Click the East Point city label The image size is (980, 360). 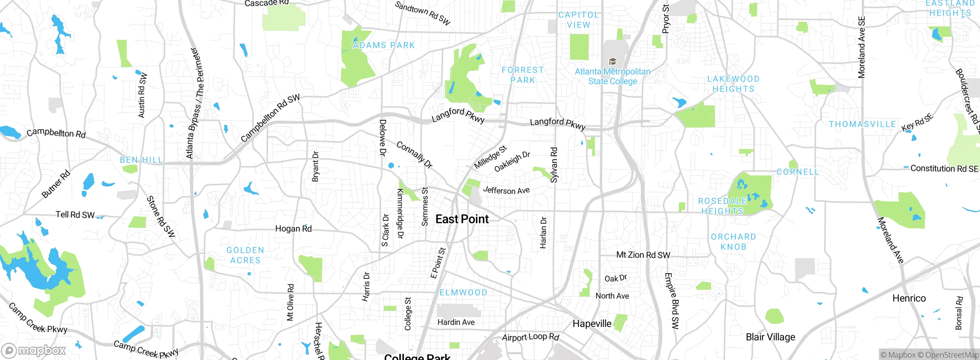coord(462,219)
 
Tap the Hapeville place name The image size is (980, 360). coord(592,324)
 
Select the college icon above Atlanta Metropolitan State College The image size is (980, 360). coord(612,62)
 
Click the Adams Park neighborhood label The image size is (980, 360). coord(384,45)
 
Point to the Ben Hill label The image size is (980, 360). coord(141,160)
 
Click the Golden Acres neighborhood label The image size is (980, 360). coord(245,255)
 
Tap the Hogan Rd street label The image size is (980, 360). coord(293,229)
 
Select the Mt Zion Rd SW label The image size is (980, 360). coord(643,255)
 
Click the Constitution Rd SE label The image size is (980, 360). coord(944,169)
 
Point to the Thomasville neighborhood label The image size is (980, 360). coord(862,124)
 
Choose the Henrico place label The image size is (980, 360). coord(909,298)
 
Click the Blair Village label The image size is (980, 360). coord(770,337)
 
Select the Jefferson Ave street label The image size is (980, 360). coord(506,190)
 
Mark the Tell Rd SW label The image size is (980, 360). coord(75,215)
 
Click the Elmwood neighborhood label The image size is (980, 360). coord(463,293)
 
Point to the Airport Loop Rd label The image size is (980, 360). coord(531,337)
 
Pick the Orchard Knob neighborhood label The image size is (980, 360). coord(733,242)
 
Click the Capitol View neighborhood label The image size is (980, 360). coord(578,20)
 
